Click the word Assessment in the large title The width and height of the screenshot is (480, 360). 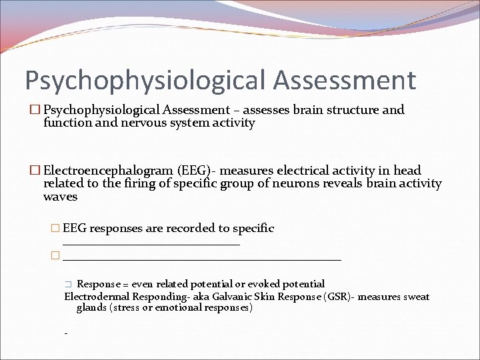(344, 80)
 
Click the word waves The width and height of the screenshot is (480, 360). (60, 197)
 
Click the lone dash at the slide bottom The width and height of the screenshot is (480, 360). (65, 333)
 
